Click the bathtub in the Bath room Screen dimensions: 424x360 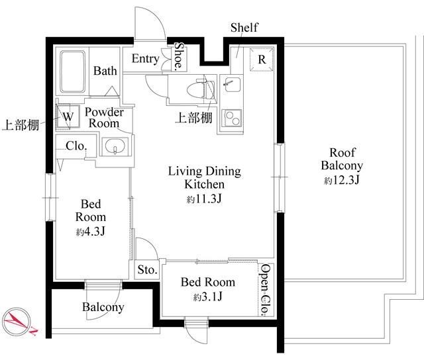[x=72, y=72]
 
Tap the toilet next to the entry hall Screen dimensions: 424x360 [x=201, y=89]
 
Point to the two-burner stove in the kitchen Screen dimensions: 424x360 [x=232, y=118]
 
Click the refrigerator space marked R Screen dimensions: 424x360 [x=262, y=60]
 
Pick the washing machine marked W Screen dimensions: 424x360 [x=68, y=116]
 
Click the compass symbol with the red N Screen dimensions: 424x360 [x=17, y=322]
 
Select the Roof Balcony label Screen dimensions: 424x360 [x=342, y=159]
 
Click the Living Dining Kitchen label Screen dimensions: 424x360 [x=205, y=178]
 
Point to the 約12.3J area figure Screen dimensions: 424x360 [x=342, y=180]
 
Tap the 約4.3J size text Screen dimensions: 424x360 [x=90, y=232]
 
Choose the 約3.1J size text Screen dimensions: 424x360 [x=208, y=297]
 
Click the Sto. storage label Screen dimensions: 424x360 [x=147, y=269]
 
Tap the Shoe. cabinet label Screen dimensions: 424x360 [x=179, y=56]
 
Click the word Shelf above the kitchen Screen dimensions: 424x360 [x=244, y=27]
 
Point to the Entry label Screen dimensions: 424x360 [x=146, y=59]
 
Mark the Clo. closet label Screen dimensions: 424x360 [x=76, y=146]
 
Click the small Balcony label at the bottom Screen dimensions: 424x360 [x=103, y=307]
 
